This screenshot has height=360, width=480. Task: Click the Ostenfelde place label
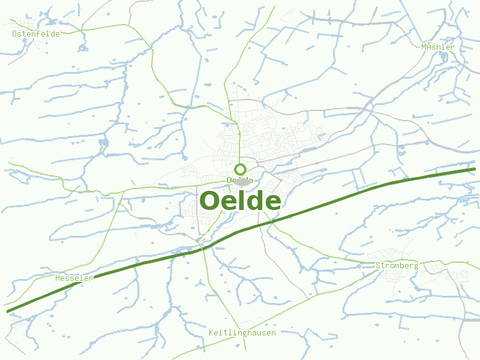pos(36,34)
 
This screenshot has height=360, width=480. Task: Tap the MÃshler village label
pos(438,47)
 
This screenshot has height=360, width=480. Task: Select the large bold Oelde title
pos(240,201)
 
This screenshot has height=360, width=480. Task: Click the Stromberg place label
pos(397,265)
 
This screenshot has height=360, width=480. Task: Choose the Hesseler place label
pos(74,278)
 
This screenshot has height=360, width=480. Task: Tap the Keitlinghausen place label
pos(242,332)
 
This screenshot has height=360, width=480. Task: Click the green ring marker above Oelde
pos(241,169)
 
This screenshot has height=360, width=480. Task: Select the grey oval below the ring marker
pos(242,182)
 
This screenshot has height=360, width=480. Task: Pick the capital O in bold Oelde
pos(211,202)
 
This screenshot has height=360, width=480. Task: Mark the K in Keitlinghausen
pos(211,332)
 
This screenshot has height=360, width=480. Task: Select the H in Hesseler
pos(58,278)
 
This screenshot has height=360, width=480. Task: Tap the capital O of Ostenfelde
pos(15,34)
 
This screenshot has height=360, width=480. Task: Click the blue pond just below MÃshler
pos(444,58)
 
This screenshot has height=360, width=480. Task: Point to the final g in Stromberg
pos(415,266)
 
